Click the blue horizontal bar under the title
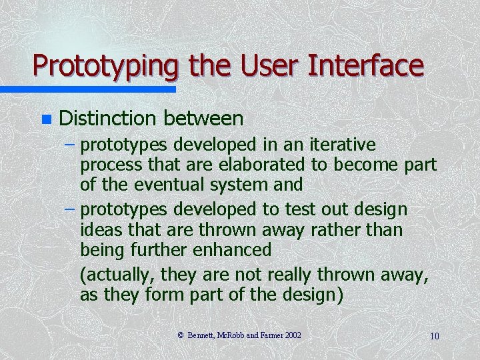pyautogui.click(x=87, y=89)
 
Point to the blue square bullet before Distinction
pyautogui.click(x=45, y=120)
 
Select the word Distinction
pyautogui.click(x=107, y=119)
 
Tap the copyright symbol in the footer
pyautogui.click(x=180, y=335)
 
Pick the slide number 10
pyautogui.click(x=434, y=336)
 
